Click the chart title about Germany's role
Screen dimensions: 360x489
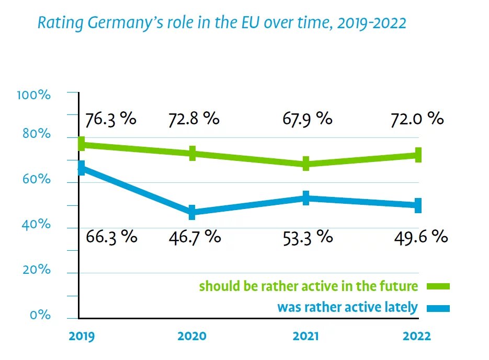click(x=222, y=23)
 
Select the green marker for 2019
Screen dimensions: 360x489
click(x=81, y=144)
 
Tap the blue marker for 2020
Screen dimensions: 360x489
click(x=192, y=212)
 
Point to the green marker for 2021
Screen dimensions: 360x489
click(x=306, y=164)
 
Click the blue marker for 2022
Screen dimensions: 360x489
click(x=418, y=205)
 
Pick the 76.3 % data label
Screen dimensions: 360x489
click(x=110, y=119)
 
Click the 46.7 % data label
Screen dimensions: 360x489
click(x=195, y=237)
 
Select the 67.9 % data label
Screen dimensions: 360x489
click(x=308, y=119)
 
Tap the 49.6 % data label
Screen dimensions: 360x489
click(x=420, y=237)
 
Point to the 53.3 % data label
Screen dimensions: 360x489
click(x=308, y=237)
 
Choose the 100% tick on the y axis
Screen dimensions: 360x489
click(x=33, y=95)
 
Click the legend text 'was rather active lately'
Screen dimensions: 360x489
click(x=347, y=307)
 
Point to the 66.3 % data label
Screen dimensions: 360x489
click(x=110, y=237)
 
